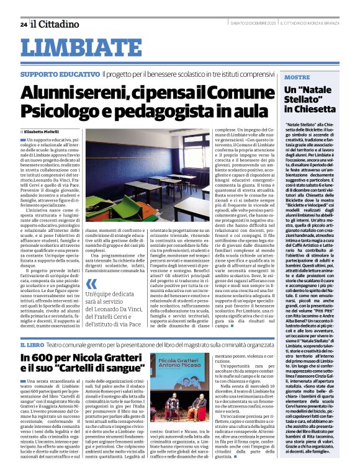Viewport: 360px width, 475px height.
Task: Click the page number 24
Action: tap(23, 24)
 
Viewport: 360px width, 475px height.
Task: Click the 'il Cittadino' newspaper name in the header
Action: tap(56, 24)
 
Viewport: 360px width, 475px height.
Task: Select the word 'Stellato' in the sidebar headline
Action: tap(302, 99)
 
